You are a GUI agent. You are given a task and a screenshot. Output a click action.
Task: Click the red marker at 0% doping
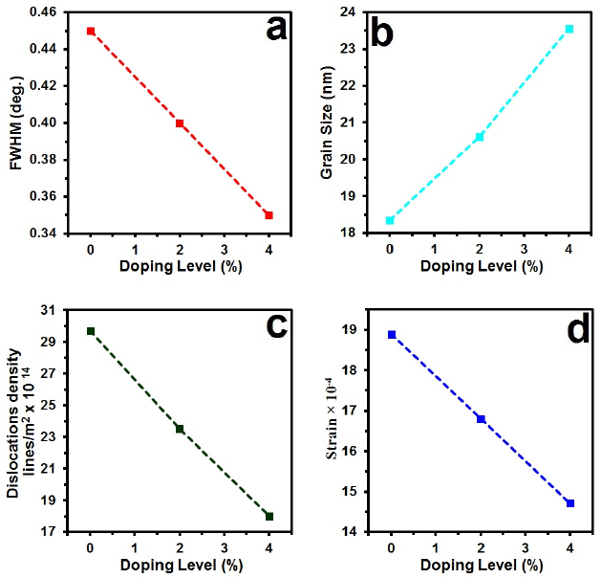coord(91,31)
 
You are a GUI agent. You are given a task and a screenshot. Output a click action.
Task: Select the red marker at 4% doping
coord(269,215)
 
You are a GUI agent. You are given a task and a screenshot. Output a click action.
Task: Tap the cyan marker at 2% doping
coord(480,137)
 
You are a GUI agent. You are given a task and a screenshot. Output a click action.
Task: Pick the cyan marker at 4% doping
coord(570,29)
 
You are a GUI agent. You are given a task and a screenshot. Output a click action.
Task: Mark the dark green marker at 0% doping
coord(91,331)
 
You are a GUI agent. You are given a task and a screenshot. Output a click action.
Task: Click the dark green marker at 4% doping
coord(269,517)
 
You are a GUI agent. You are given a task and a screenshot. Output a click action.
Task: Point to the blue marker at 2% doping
coord(481,419)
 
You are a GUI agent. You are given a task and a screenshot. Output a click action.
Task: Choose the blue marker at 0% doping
coord(392,335)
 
